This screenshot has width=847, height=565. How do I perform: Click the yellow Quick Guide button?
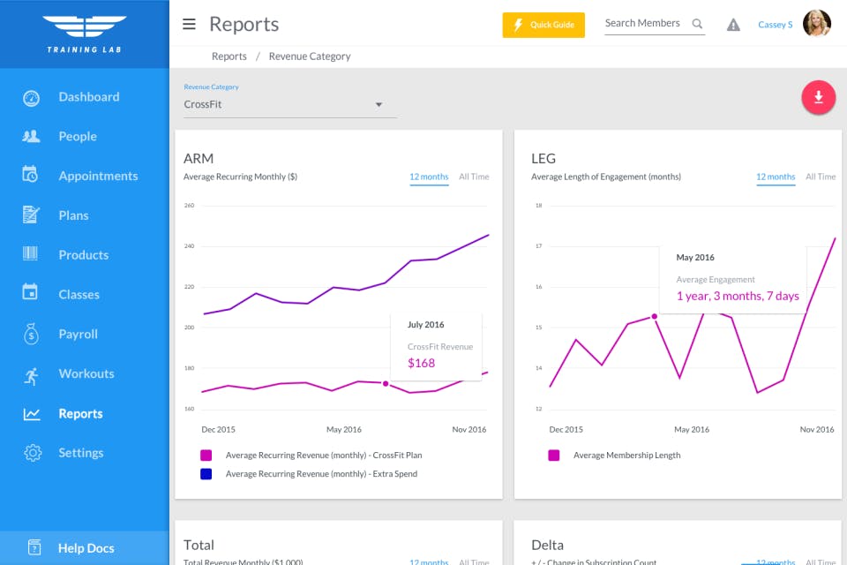[543, 25]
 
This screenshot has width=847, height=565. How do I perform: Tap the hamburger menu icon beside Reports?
[189, 25]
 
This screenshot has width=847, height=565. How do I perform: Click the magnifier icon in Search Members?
[697, 24]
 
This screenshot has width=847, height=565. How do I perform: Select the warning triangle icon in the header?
[733, 25]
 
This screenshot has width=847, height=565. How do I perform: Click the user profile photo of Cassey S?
[816, 24]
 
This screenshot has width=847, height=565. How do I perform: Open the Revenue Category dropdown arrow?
[379, 105]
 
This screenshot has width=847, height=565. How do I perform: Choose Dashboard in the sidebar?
[88, 97]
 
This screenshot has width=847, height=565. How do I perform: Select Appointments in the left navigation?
[98, 176]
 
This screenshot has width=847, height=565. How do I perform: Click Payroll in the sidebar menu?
[78, 334]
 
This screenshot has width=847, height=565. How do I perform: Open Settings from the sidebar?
[80, 453]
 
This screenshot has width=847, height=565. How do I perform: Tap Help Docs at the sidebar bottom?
[86, 548]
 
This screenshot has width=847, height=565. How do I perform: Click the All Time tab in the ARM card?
[474, 177]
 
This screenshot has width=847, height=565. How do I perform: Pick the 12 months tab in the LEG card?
[776, 177]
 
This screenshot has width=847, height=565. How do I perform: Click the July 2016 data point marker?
[386, 383]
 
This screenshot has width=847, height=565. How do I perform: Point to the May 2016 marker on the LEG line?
[655, 316]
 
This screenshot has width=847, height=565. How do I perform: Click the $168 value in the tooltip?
[421, 363]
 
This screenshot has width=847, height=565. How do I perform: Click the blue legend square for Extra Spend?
[206, 474]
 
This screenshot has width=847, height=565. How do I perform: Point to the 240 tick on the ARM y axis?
[189, 246]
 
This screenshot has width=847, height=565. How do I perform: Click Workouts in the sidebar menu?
[86, 373]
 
